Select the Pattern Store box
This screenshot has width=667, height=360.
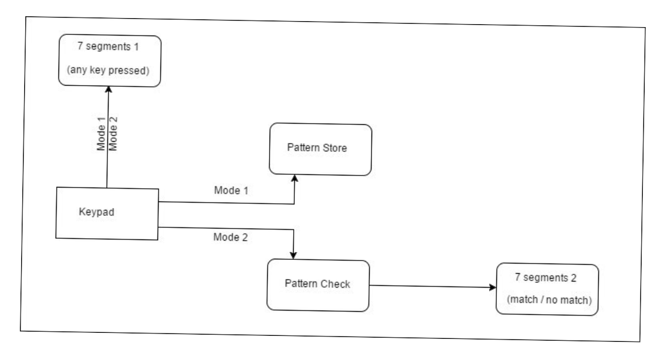point(320,150)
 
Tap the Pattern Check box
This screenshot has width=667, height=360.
point(318,285)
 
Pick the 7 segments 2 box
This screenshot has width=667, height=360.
point(548,289)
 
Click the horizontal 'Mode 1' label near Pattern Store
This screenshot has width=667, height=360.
point(232,191)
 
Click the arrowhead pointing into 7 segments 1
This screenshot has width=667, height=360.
point(108,88)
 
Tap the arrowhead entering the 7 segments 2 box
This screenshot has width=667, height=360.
point(492,287)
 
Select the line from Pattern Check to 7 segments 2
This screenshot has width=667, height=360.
point(431,286)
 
